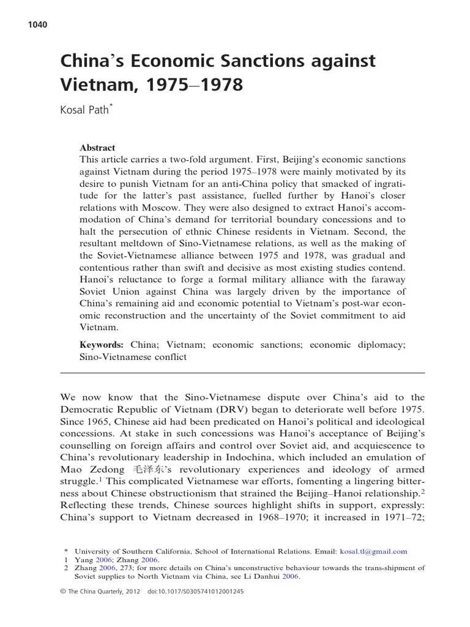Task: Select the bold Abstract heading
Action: tap(97, 148)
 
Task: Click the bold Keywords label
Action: tap(103, 345)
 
